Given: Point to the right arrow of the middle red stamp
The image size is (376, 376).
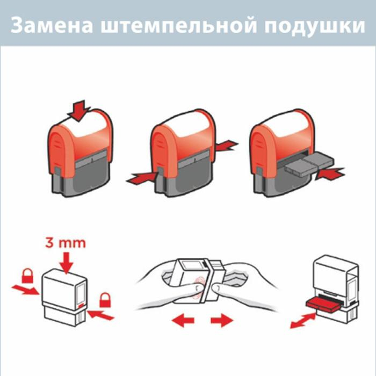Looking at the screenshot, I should [x=225, y=144].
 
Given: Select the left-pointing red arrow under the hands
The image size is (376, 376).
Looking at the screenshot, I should [x=183, y=321].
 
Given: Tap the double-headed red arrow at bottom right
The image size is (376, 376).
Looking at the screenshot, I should [x=303, y=320].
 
